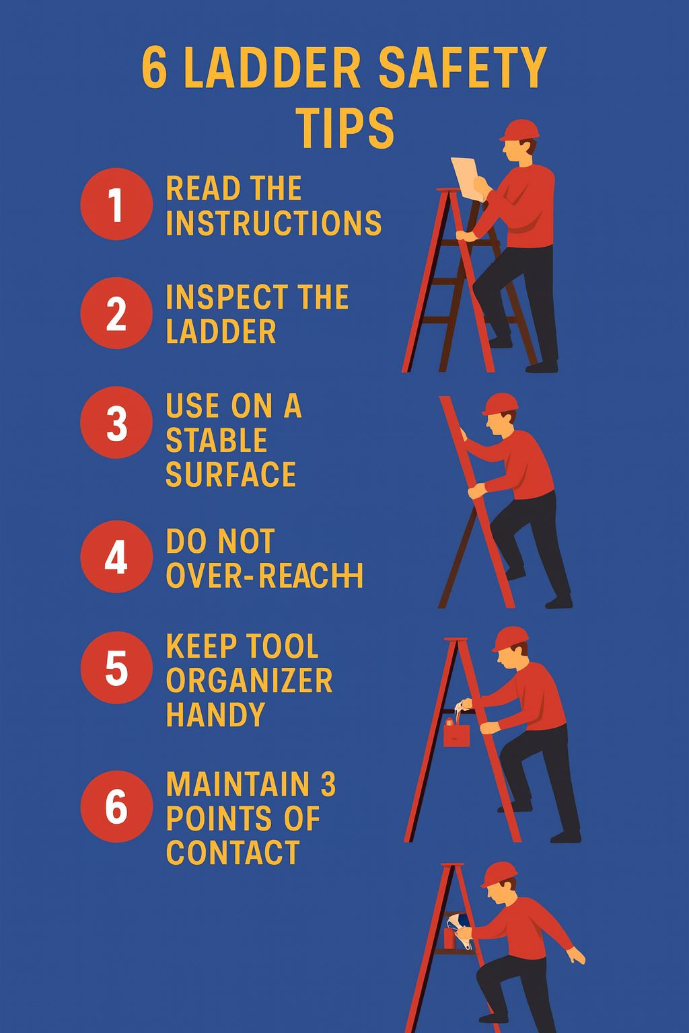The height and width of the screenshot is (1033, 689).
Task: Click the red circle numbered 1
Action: (116, 204)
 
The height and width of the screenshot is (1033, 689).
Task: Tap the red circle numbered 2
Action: (116, 313)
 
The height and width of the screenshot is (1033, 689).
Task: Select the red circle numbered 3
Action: (116, 422)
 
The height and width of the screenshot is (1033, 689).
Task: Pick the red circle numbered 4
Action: (116, 557)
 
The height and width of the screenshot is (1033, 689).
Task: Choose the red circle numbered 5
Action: (116, 667)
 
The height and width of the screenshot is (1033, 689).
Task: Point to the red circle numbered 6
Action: (116, 806)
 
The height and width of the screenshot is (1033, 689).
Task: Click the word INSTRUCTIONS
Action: (274, 223)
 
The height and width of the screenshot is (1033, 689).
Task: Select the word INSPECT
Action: (227, 297)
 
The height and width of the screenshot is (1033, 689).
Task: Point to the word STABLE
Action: (217, 440)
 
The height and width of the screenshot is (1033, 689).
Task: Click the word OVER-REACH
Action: (264, 576)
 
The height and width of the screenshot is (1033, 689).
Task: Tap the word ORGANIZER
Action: (249, 680)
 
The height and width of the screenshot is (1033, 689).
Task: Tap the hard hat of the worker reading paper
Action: (519, 130)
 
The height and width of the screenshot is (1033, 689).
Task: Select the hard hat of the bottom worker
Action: (499, 875)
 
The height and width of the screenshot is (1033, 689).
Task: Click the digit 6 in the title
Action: (154, 67)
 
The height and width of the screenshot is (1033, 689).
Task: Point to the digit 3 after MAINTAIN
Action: (328, 784)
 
